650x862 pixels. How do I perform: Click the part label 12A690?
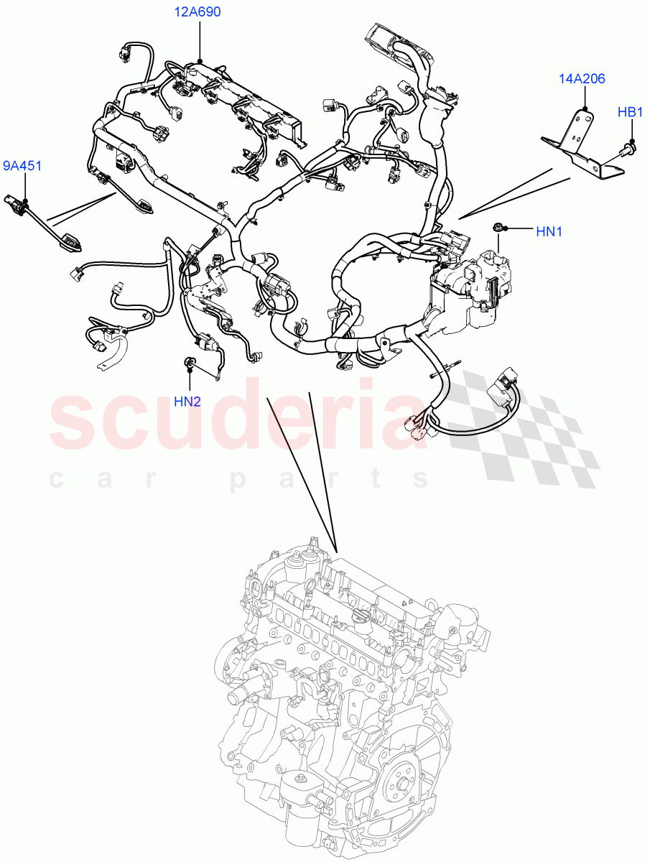click(197, 12)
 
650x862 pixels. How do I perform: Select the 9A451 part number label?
click(22, 167)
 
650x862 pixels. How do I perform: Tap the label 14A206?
click(582, 78)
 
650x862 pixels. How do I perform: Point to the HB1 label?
click(631, 112)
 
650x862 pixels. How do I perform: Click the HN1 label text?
click(549, 231)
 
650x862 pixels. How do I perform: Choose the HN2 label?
click(187, 401)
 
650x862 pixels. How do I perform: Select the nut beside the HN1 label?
click(497, 228)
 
